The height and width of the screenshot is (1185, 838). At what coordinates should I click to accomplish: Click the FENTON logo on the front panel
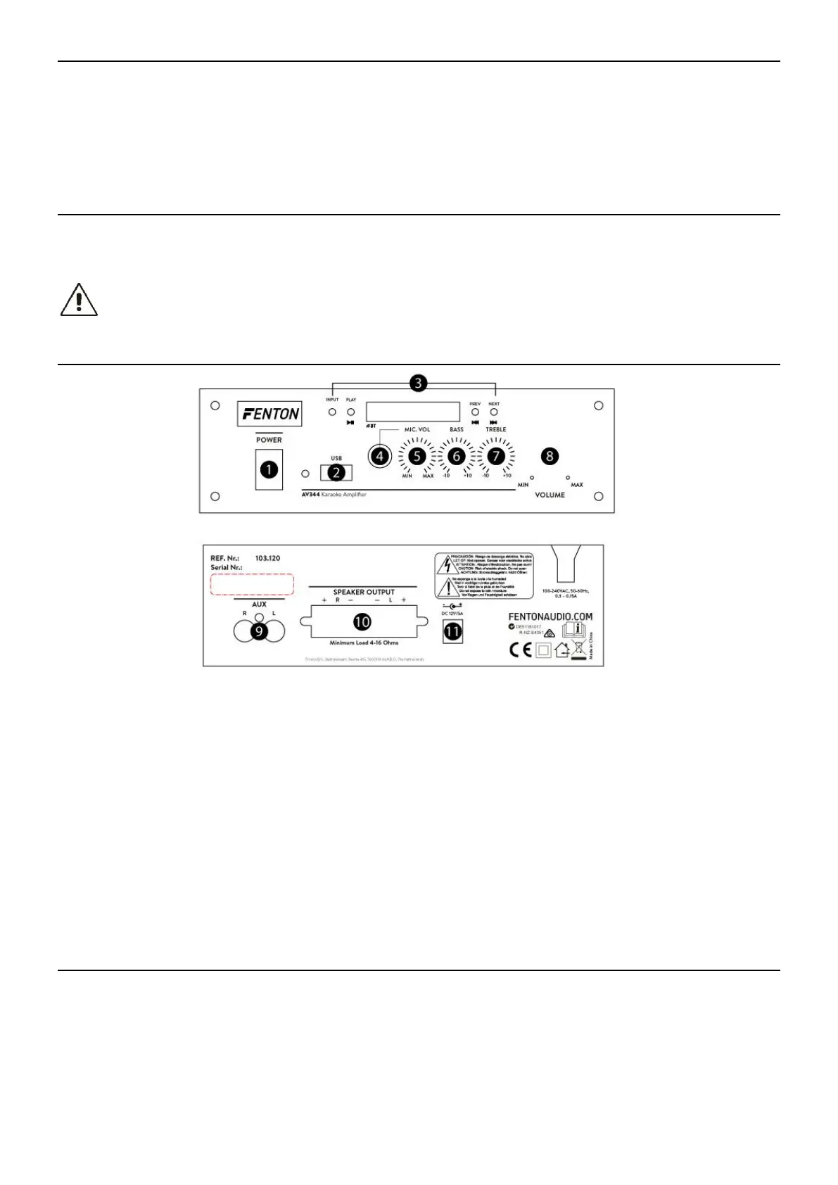[269, 414]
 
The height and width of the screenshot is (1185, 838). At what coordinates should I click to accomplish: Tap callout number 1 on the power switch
[269, 469]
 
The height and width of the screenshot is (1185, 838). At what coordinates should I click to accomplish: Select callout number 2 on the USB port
[336, 472]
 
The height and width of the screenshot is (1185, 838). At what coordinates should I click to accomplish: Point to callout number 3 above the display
[418, 383]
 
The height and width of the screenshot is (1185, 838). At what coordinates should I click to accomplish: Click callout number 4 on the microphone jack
[381, 456]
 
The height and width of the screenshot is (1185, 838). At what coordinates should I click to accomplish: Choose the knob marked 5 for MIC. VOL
[417, 456]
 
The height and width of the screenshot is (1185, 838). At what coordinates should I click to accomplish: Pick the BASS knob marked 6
[457, 456]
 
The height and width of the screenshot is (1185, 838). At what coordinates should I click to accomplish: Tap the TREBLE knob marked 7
[496, 456]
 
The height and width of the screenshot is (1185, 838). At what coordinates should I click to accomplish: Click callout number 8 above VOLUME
[550, 456]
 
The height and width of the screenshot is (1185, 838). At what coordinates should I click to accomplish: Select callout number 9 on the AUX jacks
[259, 631]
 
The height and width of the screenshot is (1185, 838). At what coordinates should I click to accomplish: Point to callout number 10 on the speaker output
[362, 621]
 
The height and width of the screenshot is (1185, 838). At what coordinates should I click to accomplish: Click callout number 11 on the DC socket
[452, 631]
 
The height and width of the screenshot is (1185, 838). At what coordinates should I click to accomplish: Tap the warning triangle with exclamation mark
[79, 300]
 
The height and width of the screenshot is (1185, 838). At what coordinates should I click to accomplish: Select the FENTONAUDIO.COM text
[550, 616]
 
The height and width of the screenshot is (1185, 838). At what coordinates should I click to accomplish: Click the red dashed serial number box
[252, 584]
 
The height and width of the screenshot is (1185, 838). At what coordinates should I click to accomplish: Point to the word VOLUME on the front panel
[550, 495]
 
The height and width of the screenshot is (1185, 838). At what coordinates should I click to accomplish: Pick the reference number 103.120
[267, 558]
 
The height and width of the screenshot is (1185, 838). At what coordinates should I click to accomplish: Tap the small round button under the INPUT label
[331, 411]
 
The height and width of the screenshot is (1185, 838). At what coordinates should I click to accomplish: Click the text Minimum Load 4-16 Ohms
[364, 642]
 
